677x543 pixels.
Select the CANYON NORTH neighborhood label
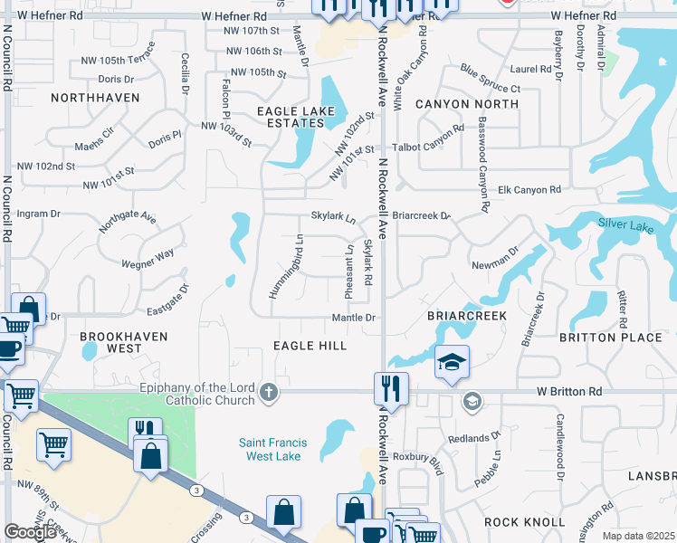point(467,104)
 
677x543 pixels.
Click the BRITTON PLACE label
point(624,337)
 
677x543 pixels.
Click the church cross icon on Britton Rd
point(268,392)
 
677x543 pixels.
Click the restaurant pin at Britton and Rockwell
point(391,388)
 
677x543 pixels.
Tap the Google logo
point(30,532)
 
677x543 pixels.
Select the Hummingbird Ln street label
point(285,266)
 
